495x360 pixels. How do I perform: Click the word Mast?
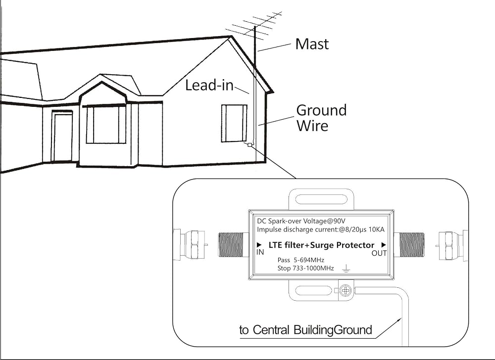point(312,44)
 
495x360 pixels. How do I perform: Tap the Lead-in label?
point(209,86)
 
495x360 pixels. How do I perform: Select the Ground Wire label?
point(321,118)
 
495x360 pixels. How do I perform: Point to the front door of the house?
point(63,137)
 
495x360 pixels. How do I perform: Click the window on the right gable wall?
point(234,123)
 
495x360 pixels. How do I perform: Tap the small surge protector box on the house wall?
point(249,145)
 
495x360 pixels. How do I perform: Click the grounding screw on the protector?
point(346,290)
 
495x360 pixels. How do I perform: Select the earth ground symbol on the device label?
point(346,269)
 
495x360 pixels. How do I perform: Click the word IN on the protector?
point(260,252)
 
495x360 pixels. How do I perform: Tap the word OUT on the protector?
point(379,253)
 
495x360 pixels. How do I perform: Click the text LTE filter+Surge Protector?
point(321,245)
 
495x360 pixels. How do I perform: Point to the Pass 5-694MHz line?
point(300,260)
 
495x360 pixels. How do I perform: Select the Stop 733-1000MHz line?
point(305,268)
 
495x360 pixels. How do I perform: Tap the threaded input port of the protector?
point(234,245)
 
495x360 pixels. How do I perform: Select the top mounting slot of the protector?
point(321,200)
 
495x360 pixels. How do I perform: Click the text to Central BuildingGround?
point(305,330)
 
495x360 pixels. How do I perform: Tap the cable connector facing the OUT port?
point(452,246)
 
